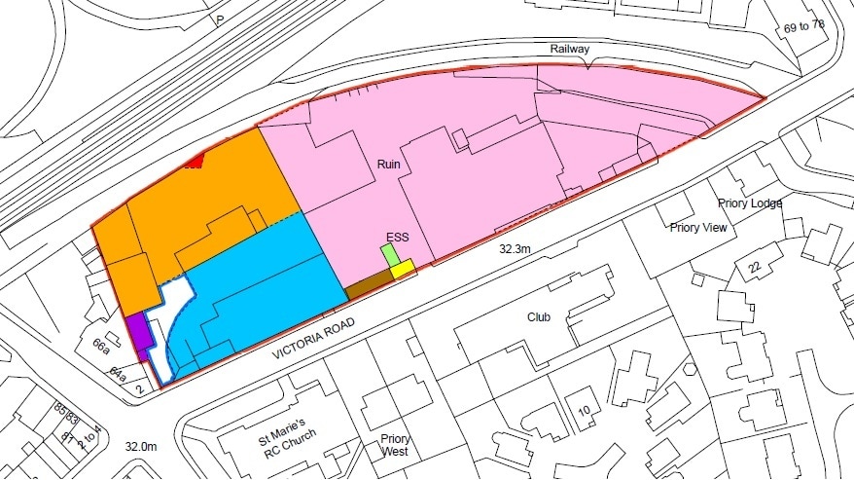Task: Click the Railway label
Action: pos(570,50)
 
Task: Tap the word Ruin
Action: pos(390,166)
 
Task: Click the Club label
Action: pos(539,317)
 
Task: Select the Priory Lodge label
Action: pos(750,203)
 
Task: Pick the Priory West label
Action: pos(396,445)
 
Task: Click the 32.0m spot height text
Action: pos(142,446)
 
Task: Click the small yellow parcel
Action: pos(403,269)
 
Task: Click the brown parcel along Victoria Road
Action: pos(370,284)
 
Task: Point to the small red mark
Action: pos(195,162)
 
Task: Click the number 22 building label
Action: pos(752,267)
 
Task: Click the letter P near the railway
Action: pos(220,19)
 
